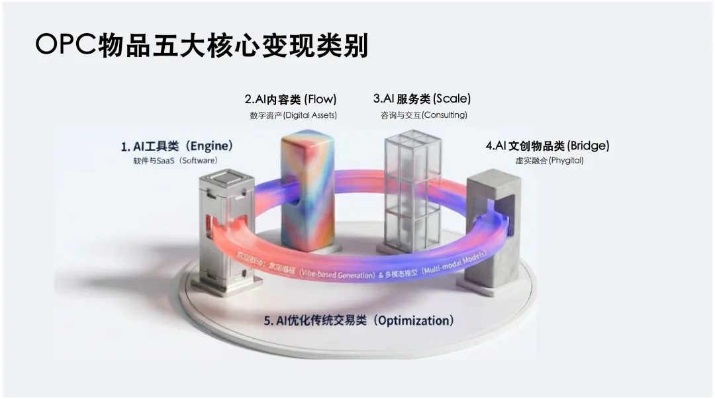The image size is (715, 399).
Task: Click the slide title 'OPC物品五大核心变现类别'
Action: [x=201, y=46]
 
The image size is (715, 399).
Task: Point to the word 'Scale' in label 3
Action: [x=452, y=99]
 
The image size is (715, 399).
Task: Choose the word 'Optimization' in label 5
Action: [x=415, y=321]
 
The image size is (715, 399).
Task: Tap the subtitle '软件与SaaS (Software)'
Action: [x=175, y=161]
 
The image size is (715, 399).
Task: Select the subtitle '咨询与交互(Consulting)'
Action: [x=424, y=115]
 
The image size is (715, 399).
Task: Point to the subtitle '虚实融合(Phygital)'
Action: [x=549, y=161]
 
